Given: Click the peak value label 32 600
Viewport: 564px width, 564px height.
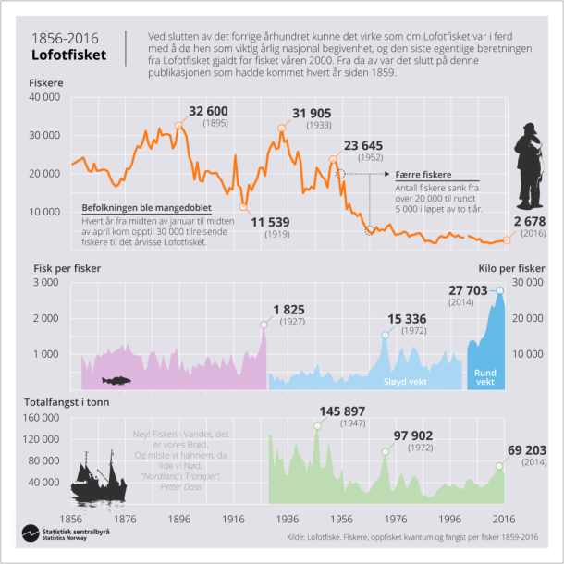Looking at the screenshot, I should pyautogui.click(x=209, y=112).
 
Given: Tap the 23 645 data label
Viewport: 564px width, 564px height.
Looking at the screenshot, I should pyautogui.click(x=367, y=146).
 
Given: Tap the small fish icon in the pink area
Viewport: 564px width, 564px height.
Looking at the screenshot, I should pyautogui.click(x=117, y=380).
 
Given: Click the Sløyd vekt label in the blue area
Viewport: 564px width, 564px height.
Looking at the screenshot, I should pyautogui.click(x=407, y=379).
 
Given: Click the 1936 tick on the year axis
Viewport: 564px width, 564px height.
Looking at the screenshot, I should pyautogui.click(x=288, y=520).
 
